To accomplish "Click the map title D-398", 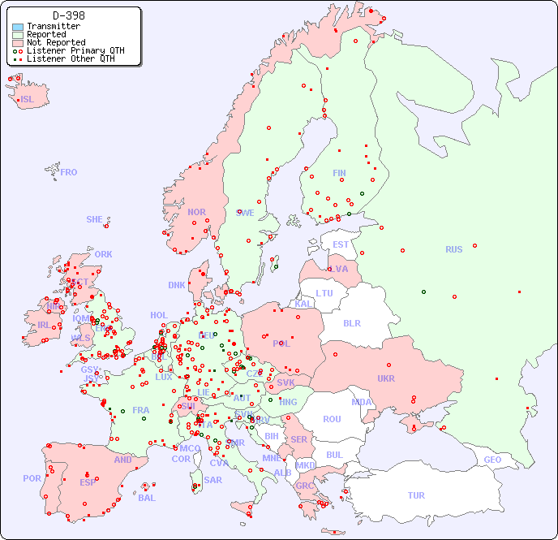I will (68, 15).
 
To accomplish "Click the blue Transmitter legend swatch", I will (18, 27).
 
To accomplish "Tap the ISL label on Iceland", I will (28, 100).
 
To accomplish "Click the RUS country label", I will (453, 249).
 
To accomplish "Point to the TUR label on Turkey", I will (416, 495).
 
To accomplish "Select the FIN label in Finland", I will (339, 173).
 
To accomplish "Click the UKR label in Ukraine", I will (385, 378).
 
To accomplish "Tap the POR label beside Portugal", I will (32, 478).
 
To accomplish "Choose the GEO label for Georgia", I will (492, 460).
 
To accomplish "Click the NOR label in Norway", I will (196, 212).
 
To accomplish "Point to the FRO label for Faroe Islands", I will (69, 172).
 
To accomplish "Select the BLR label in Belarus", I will (351, 322).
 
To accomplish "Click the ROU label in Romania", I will (332, 419).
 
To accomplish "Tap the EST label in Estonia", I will (341, 244).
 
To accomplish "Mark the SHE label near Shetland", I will (95, 219).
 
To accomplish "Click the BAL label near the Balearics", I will (146, 498).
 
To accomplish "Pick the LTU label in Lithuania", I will (324, 293).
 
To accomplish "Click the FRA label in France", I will (141, 410).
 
